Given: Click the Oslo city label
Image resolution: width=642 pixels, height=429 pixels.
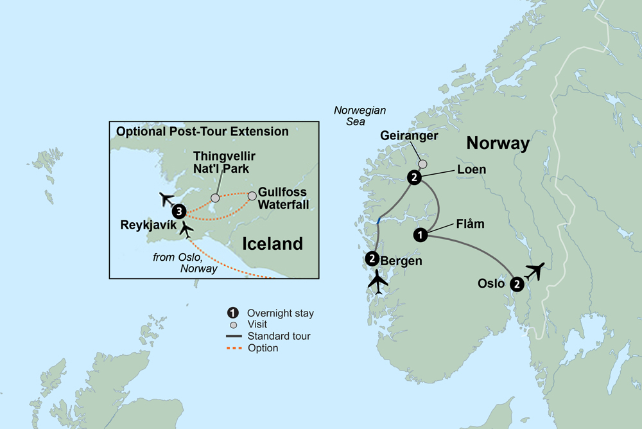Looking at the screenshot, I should (x=492, y=283).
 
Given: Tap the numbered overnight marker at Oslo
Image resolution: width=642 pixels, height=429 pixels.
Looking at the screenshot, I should (x=517, y=283).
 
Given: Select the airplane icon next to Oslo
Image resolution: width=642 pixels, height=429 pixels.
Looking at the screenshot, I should (x=534, y=272).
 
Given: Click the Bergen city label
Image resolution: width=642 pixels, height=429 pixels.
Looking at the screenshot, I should (x=401, y=261).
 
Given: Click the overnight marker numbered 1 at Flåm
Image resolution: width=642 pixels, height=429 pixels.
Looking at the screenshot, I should (x=421, y=235).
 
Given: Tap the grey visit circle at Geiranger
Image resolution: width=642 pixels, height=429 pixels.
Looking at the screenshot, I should (x=422, y=164).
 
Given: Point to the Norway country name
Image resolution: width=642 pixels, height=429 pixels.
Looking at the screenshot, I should (x=498, y=143).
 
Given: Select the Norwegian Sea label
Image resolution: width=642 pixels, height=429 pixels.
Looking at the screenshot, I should (x=360, y=116).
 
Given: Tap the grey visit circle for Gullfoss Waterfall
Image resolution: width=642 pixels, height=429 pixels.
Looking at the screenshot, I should (x=252, y=194).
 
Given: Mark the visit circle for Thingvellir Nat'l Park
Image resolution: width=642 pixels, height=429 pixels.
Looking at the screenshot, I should (x=215, y=198).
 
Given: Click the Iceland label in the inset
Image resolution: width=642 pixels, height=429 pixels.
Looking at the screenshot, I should (x=272, y=243).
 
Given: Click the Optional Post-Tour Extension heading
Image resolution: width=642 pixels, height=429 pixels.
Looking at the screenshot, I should (x=202, y=132).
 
